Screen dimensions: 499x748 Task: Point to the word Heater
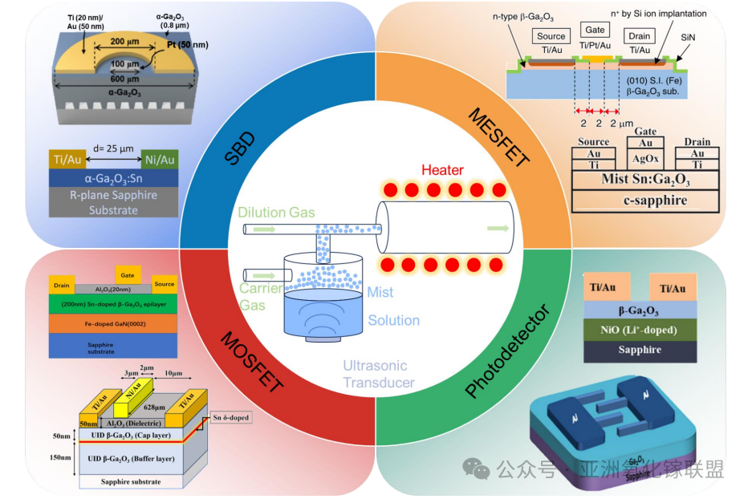[443, 171]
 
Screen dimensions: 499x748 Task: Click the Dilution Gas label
[277, 213]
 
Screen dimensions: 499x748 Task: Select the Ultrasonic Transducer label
[378, 375]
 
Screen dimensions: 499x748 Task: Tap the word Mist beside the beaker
[380, 294]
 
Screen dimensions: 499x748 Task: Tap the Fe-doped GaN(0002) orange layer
[112, 322]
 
